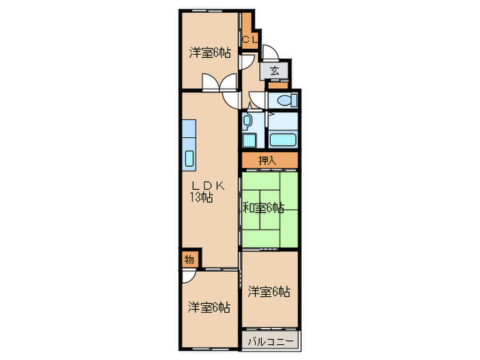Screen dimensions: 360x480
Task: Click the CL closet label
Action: click(250, 39)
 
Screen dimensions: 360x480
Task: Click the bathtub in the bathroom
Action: click(283, 140)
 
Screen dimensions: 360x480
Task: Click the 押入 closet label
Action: click(268, 161)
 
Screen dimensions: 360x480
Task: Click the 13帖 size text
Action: click(201, 197)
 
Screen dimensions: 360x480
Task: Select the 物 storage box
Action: click(189, 260)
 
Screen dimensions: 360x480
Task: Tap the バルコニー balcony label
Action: click(270, 341)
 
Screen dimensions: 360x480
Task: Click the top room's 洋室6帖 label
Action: click(210, 52)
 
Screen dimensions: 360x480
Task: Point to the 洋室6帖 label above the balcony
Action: click(269, 291)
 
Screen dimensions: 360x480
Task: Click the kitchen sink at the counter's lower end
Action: click(189, 157)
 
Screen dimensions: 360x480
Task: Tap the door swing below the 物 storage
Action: click(190, 276)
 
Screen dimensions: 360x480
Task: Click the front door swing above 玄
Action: click(269, 53)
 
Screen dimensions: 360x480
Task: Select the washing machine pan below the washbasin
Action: click(248, 140)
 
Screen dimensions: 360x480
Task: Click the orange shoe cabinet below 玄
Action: click(276, 86)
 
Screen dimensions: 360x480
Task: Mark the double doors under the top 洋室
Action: click(215, 83)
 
